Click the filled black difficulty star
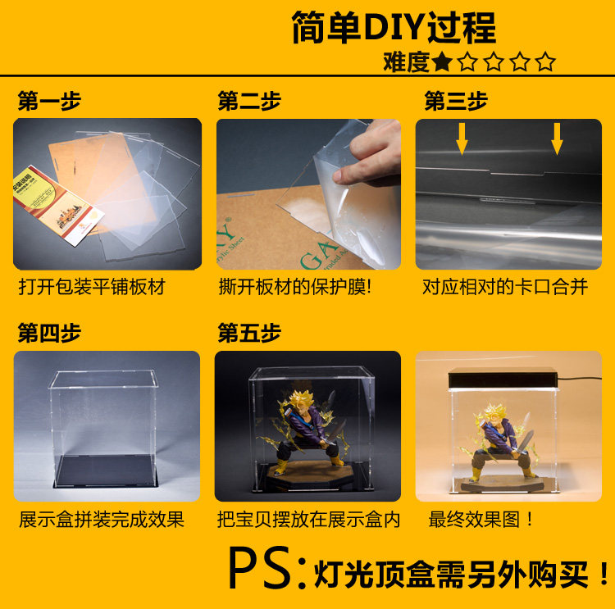tap(442, 62)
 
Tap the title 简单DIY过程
tap(394, 27)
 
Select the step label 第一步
tap(49, 101)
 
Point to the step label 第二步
tap(249, 101)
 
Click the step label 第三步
tap(456, 101)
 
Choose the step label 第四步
tap(49, 333)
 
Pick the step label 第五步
tap(249, 333)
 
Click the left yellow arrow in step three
tap(462, 139)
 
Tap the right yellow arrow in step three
tap(557, 139)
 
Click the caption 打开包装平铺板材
tap(92, 287)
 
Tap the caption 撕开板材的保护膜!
tap(295, 287)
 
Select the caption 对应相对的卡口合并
tap(505, 287)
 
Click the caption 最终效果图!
tap(481, 520)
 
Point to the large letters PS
tap(260, 568)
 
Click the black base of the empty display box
tap(105, 472)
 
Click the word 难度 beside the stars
tap(407, 62)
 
